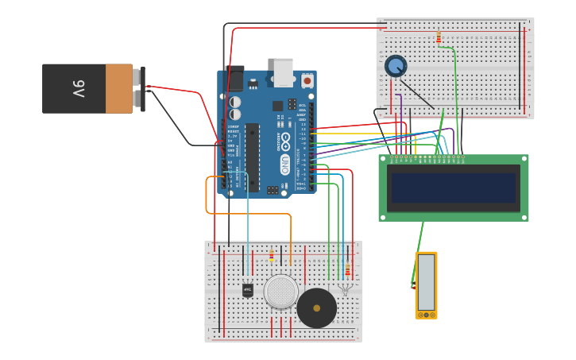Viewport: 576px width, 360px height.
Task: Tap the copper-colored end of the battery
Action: [x=119, y=88]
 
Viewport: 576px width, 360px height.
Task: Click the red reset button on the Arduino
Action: [x=307, y=81]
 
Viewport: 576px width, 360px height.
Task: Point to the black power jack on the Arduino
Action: [x=234, y=78]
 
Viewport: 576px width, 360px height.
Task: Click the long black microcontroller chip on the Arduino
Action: [x=252, y=157]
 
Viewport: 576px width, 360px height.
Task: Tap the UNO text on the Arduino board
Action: [x=285, y=164]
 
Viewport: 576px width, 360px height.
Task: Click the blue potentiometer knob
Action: [x=395, y=65]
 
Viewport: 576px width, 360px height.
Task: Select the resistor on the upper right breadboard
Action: [x=438, y=37]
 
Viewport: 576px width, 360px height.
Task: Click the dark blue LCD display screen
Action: [x=453, y=188]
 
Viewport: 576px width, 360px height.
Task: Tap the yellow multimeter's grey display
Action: [x=426, y=282]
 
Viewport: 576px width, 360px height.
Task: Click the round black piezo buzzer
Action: [x=316, y=308]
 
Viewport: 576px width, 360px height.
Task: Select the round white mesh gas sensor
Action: [x=280, y=292]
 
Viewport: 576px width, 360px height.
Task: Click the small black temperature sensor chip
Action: [x=248, y=290]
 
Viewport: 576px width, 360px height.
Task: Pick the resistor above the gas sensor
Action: [x=271, y=255]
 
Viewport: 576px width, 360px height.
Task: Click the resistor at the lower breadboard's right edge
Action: [x=347, y=270]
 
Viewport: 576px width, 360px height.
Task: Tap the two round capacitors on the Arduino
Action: [x=236, y=108]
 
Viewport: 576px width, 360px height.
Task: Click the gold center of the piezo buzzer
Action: [x=316, y=308]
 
